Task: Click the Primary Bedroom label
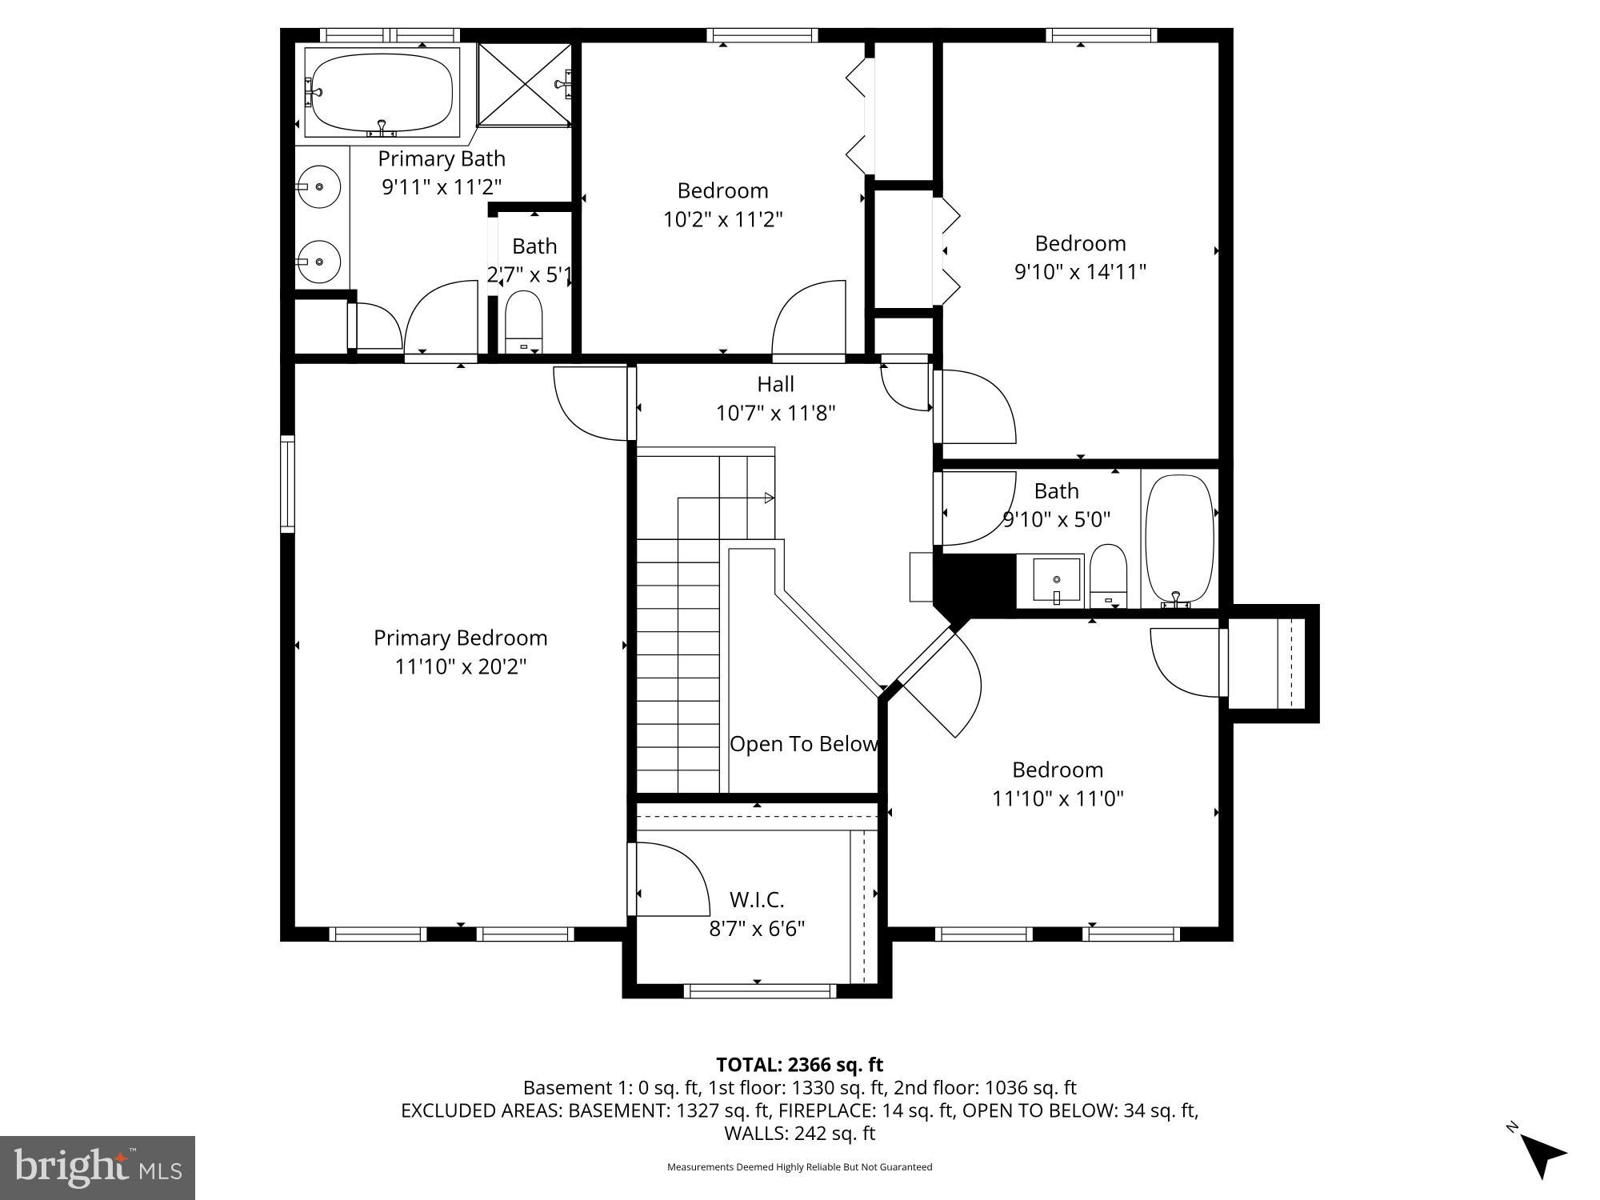[x=460, y=638]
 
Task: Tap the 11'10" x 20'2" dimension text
[x=460, y=666]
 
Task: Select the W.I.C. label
[x=756, y=900]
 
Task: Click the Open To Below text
[x=803, y=744]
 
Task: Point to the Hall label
[x=775, y=384]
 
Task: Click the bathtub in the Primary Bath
[x=382, y=92]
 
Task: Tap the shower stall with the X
[x=525, y=84]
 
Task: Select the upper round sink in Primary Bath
[x=319, y=186]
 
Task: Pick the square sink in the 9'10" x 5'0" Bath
[x=1056, y=580]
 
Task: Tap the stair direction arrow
[x=768, y=498]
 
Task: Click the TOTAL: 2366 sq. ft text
[x=799, y=1065]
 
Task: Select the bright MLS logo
[x=98, y=1167]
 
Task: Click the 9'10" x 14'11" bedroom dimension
[x=1080, y=272]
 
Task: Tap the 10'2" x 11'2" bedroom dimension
[x=722, y=219]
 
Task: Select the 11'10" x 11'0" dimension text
[x=1058, y=798]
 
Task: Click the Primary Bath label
[x=442, y=158]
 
